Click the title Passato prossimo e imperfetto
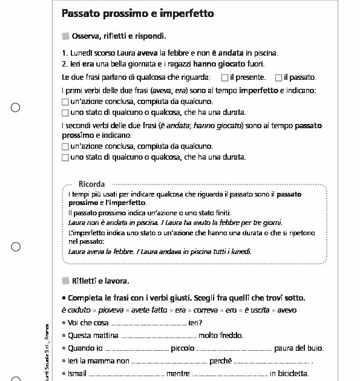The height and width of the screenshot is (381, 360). tap(137, 13)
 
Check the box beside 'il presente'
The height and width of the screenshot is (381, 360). tap(224, 77)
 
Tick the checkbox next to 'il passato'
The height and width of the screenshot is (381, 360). tap(278, 77)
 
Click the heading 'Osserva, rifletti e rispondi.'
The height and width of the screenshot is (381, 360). tap(119, 36)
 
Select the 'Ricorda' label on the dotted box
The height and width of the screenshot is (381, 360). tap(91, 184)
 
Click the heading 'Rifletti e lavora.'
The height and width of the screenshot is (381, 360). tap(100, 281)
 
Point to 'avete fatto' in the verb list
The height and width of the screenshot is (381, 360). tap(149, 310)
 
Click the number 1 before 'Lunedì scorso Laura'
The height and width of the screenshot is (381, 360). tap(64, 53)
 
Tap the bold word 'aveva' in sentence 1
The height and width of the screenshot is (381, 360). tap(148, 53)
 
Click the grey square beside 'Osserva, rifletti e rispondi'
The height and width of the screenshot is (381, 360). tap(66, 36)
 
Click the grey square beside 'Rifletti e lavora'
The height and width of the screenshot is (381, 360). tap(66, 281)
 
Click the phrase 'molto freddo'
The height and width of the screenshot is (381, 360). tap(221, 336)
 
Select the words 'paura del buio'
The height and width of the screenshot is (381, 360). tap(299, 348)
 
